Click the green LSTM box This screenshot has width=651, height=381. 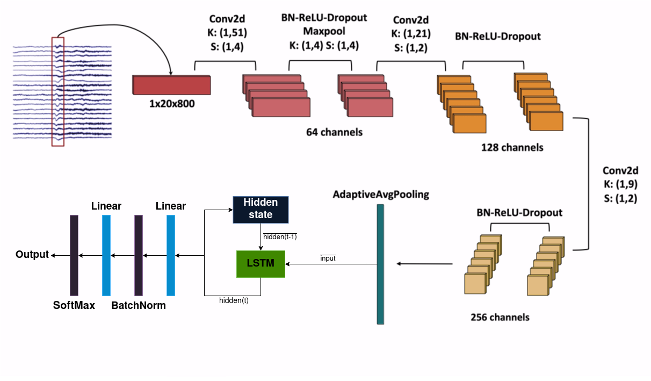[x=261, y=263]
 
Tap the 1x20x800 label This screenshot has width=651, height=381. [x=172, y=103]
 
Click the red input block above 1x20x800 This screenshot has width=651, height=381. [x=171, y=85]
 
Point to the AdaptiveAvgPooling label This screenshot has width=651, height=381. [x=381, y=194]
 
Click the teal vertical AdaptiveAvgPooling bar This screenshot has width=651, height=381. [x=380, y=264]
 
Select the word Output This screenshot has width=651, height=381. [x=32, y=254]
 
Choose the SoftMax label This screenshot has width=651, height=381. [x=74, y=305]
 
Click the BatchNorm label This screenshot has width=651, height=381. [x=139, y=305]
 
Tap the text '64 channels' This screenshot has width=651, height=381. [x=334, y=132]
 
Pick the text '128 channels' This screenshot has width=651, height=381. [x=512, y=147]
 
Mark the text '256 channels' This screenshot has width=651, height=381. [x=500, y=317]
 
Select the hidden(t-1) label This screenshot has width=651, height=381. [x=280, y=236]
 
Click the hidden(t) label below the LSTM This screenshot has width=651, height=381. [x=234, y=300]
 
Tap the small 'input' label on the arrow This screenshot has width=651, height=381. [x=328, y=258]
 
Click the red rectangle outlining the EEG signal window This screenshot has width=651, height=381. [x=57, y=91]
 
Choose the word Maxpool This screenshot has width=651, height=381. [x=324, y=32]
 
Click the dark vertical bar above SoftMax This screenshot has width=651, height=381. [x=74, y=255]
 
